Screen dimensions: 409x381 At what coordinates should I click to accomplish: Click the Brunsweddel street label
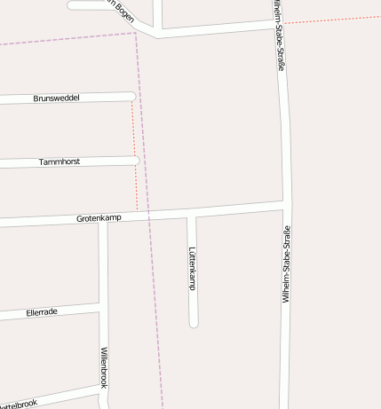tap(56, 98)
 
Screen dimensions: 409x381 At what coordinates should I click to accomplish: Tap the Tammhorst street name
tap(60, 162)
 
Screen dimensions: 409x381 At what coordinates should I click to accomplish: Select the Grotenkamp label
tap(99, 217)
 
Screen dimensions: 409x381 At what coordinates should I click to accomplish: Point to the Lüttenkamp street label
tap(192, 268)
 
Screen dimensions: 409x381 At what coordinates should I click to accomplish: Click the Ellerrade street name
tap(42, 312)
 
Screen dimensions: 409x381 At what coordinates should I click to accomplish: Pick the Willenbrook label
tap(104, 366)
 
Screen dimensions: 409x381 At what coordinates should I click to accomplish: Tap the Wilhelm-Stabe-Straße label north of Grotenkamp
tap(280, 40)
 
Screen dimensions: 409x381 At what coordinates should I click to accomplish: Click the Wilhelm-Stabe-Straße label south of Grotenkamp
tap(286, 265)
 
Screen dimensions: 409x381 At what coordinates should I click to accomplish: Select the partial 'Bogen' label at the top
tap(120, 9)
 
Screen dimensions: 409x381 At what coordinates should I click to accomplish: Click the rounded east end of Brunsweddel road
tap(131, 96)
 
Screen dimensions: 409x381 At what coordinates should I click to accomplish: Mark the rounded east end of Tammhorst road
tap(135, 160)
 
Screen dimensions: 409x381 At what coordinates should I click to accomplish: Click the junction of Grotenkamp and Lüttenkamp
tap(191, 214)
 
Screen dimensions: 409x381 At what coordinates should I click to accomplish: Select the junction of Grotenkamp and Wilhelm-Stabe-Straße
tap(285, 207)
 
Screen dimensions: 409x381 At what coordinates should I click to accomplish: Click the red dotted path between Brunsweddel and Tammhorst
tap(134, 128)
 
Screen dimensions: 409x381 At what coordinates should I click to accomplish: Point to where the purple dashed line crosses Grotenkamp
tap(148, 216)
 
